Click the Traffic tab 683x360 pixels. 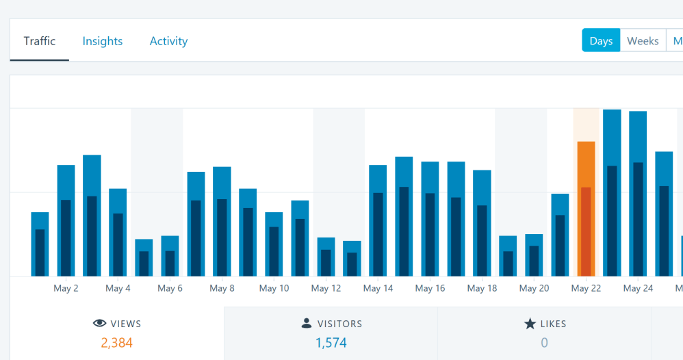pos(40,41)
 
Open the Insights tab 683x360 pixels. pos(103,41)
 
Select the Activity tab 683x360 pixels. pos(168,41)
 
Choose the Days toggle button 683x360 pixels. pos(601,41)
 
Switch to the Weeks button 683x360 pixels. pos(643,41)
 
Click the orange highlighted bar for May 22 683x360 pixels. pos(586,209)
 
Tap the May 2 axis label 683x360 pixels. pos(66,288)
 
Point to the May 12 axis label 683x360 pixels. pos(326,288)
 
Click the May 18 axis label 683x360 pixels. pos(482,288)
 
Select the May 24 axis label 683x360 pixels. pos(638,288)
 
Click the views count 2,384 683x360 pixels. pos(116,342)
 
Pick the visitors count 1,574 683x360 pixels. pos(331,342)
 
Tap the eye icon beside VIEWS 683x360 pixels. pos(99,324)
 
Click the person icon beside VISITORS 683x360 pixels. pos(306,324)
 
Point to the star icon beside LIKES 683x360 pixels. pos(530,324)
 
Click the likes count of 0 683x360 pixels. pos(544,342)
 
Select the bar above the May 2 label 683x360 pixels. pos(66,220)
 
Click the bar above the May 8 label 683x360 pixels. pos(222,221)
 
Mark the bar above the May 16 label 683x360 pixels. pos(430,219)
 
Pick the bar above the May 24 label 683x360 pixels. pos(638,194)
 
